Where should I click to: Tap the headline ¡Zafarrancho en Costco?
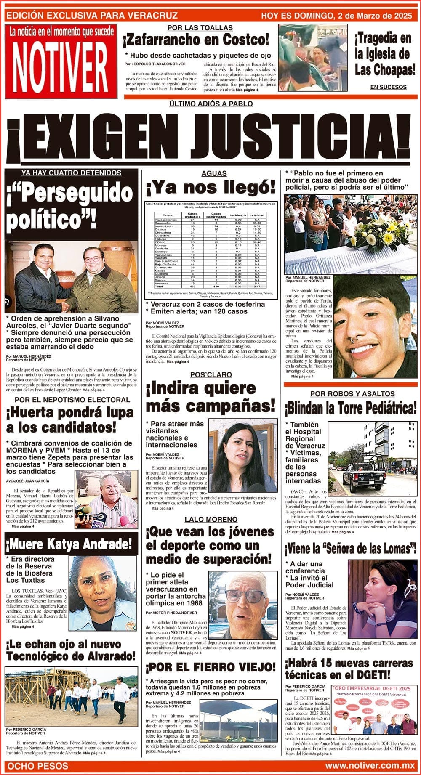coord(196,40)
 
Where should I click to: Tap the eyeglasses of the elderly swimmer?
coord(244,596)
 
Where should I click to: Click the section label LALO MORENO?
coord(211,519)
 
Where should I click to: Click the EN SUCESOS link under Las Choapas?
coord(388,87)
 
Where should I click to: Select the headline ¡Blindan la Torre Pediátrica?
coord(351,408)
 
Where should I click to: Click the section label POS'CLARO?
coord(211,374)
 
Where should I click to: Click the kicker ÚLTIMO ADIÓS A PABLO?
coord(211,104)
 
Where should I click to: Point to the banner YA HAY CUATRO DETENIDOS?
coord(72,173)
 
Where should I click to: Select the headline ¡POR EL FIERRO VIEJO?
coord(211,667)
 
